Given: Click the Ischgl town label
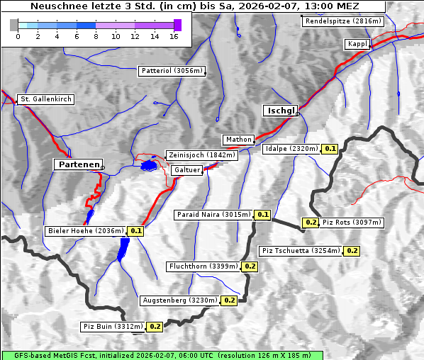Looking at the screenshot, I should (280, 111).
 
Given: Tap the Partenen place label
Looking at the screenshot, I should (78, 164).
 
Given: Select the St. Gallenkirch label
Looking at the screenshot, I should (45, 99).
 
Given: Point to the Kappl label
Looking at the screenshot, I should (357, 44).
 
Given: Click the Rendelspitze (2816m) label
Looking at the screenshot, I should (344, 21).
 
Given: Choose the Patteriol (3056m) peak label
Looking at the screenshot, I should (172, 72).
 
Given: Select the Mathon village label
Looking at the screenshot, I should (238, 140).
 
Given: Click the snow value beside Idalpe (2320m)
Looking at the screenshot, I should (330, 149).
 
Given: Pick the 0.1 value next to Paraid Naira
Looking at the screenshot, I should (262, 214).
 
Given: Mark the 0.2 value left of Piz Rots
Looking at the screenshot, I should (311, 223).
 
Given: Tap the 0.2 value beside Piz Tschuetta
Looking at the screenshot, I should (352, 251).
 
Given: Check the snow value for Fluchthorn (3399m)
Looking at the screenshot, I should (250, 266).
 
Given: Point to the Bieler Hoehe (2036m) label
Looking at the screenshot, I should (85, 231).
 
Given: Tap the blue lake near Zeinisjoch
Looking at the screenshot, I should (149, 166).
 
